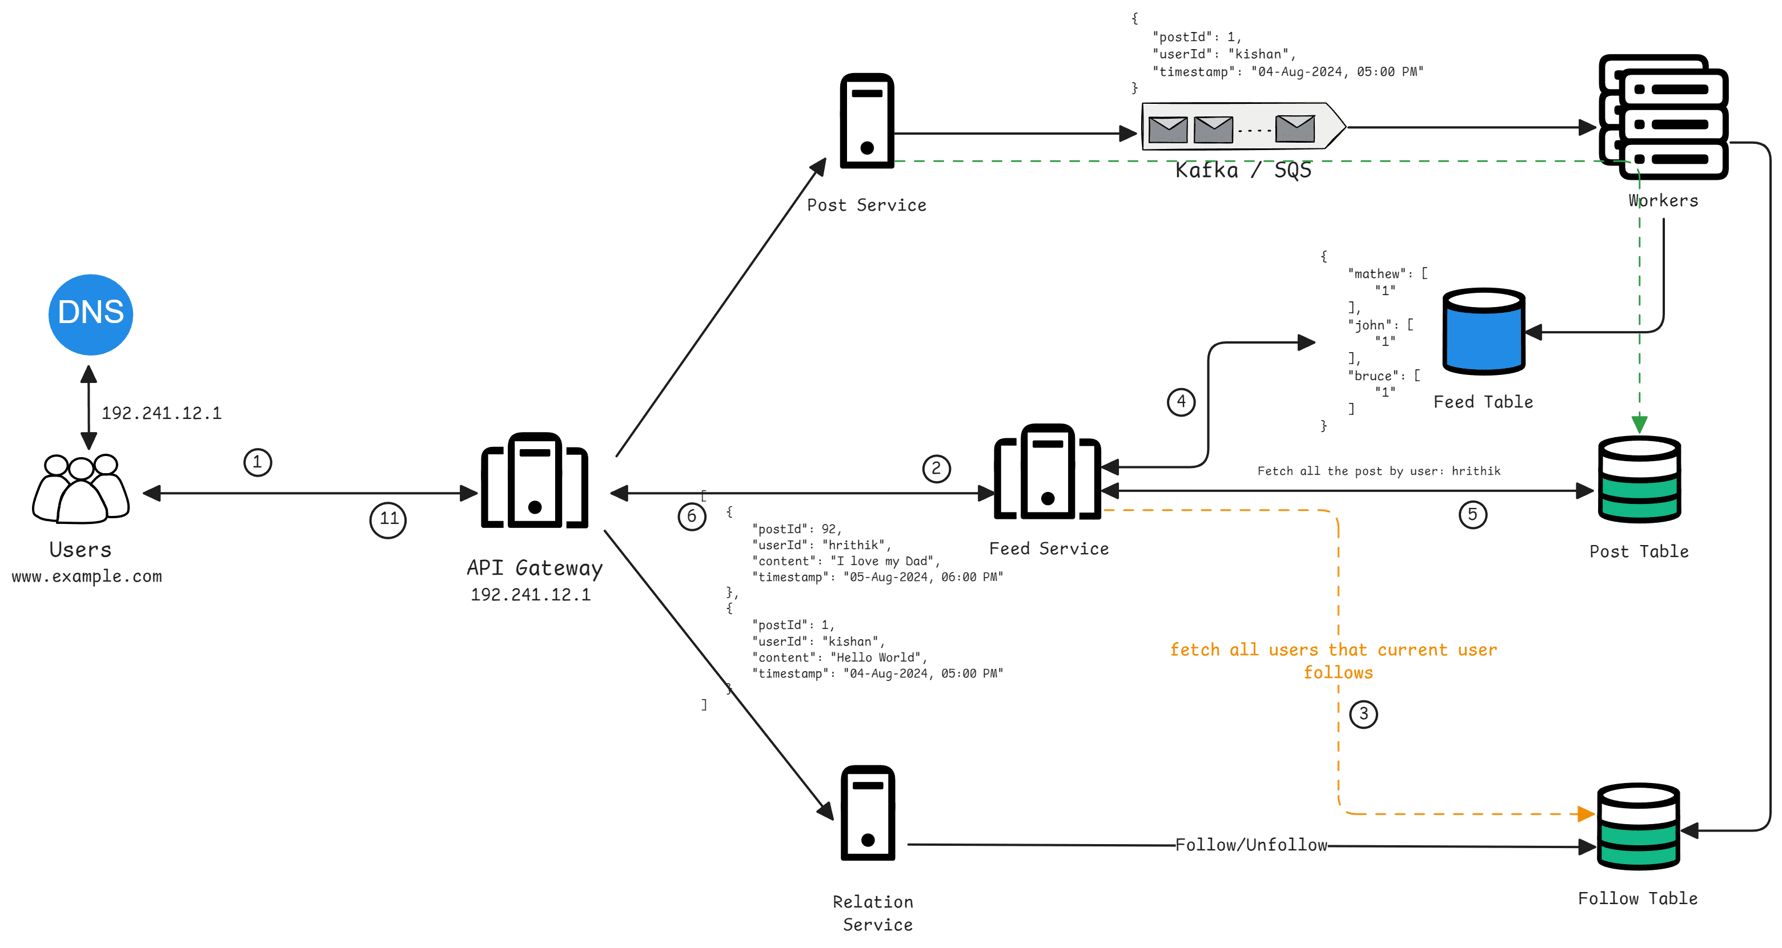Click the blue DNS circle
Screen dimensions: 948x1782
tap(91, 314)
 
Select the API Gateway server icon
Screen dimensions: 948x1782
tap(535, 481)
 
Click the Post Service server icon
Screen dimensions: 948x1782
tap(867, 121)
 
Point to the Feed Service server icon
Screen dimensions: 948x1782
tap(1047, 471)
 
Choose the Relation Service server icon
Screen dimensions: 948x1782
tap(868, 813)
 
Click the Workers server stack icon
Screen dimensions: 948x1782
tap(1664, 117)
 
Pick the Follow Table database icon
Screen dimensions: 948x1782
tap(1638, 826)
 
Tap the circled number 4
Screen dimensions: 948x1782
tap(1181, 402)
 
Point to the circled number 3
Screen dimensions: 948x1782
tap(1363, 715)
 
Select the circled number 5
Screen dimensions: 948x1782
tap(1473, 514)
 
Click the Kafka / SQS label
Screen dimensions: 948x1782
tap(1243, 170)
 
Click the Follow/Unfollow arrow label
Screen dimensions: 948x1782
tap(1251, 845)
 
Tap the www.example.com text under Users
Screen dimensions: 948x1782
tap(86, 576)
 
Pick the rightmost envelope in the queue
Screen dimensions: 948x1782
tap(1295, 128)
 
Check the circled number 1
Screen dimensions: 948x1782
tap(258, 462)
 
